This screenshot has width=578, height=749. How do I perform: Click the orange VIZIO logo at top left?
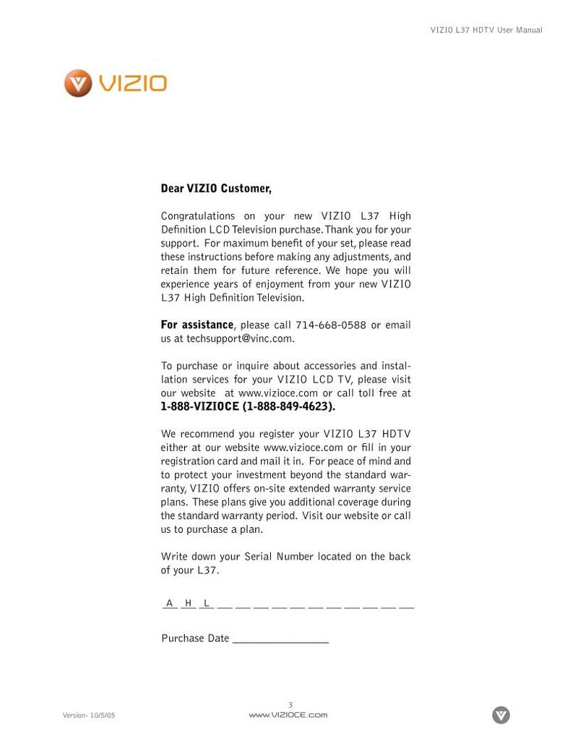pyautogui.click(x=116, y=83)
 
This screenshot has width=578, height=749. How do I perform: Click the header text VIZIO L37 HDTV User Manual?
pyautogui.click(x=486, y=30)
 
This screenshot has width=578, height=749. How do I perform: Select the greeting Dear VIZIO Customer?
pyautogui.click(x=216, y=189)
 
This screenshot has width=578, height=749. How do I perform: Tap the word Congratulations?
pyautogui.click(x=197, y=216)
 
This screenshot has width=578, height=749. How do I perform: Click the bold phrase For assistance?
pyautogui.click(x=197, y=325)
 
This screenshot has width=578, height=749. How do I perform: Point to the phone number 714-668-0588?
pyautogui.click(x=330, y=325)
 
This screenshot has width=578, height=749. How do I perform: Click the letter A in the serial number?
pyautogui.click(x=170, y=603)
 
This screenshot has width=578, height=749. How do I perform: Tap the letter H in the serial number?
pyautogui.click(x=188, y=603)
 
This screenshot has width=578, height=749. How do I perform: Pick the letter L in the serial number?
pyautogui.click(x=207, y=603)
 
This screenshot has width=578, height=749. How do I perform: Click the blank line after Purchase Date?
pyautogui.click(x=280, y=640)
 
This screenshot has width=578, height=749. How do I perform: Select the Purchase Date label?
pyautogui.click(x=195, y=638)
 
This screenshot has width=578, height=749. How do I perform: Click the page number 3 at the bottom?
pyautogui.click(x=290, y=705)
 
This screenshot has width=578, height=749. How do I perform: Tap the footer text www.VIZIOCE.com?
pyautogui.click(x=288, y=715)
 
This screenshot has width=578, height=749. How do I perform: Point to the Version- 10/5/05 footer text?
pyautogui.click(x=89, y=715)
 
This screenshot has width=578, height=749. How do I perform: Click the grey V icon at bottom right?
pyautogui.click(x=501, y=715)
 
